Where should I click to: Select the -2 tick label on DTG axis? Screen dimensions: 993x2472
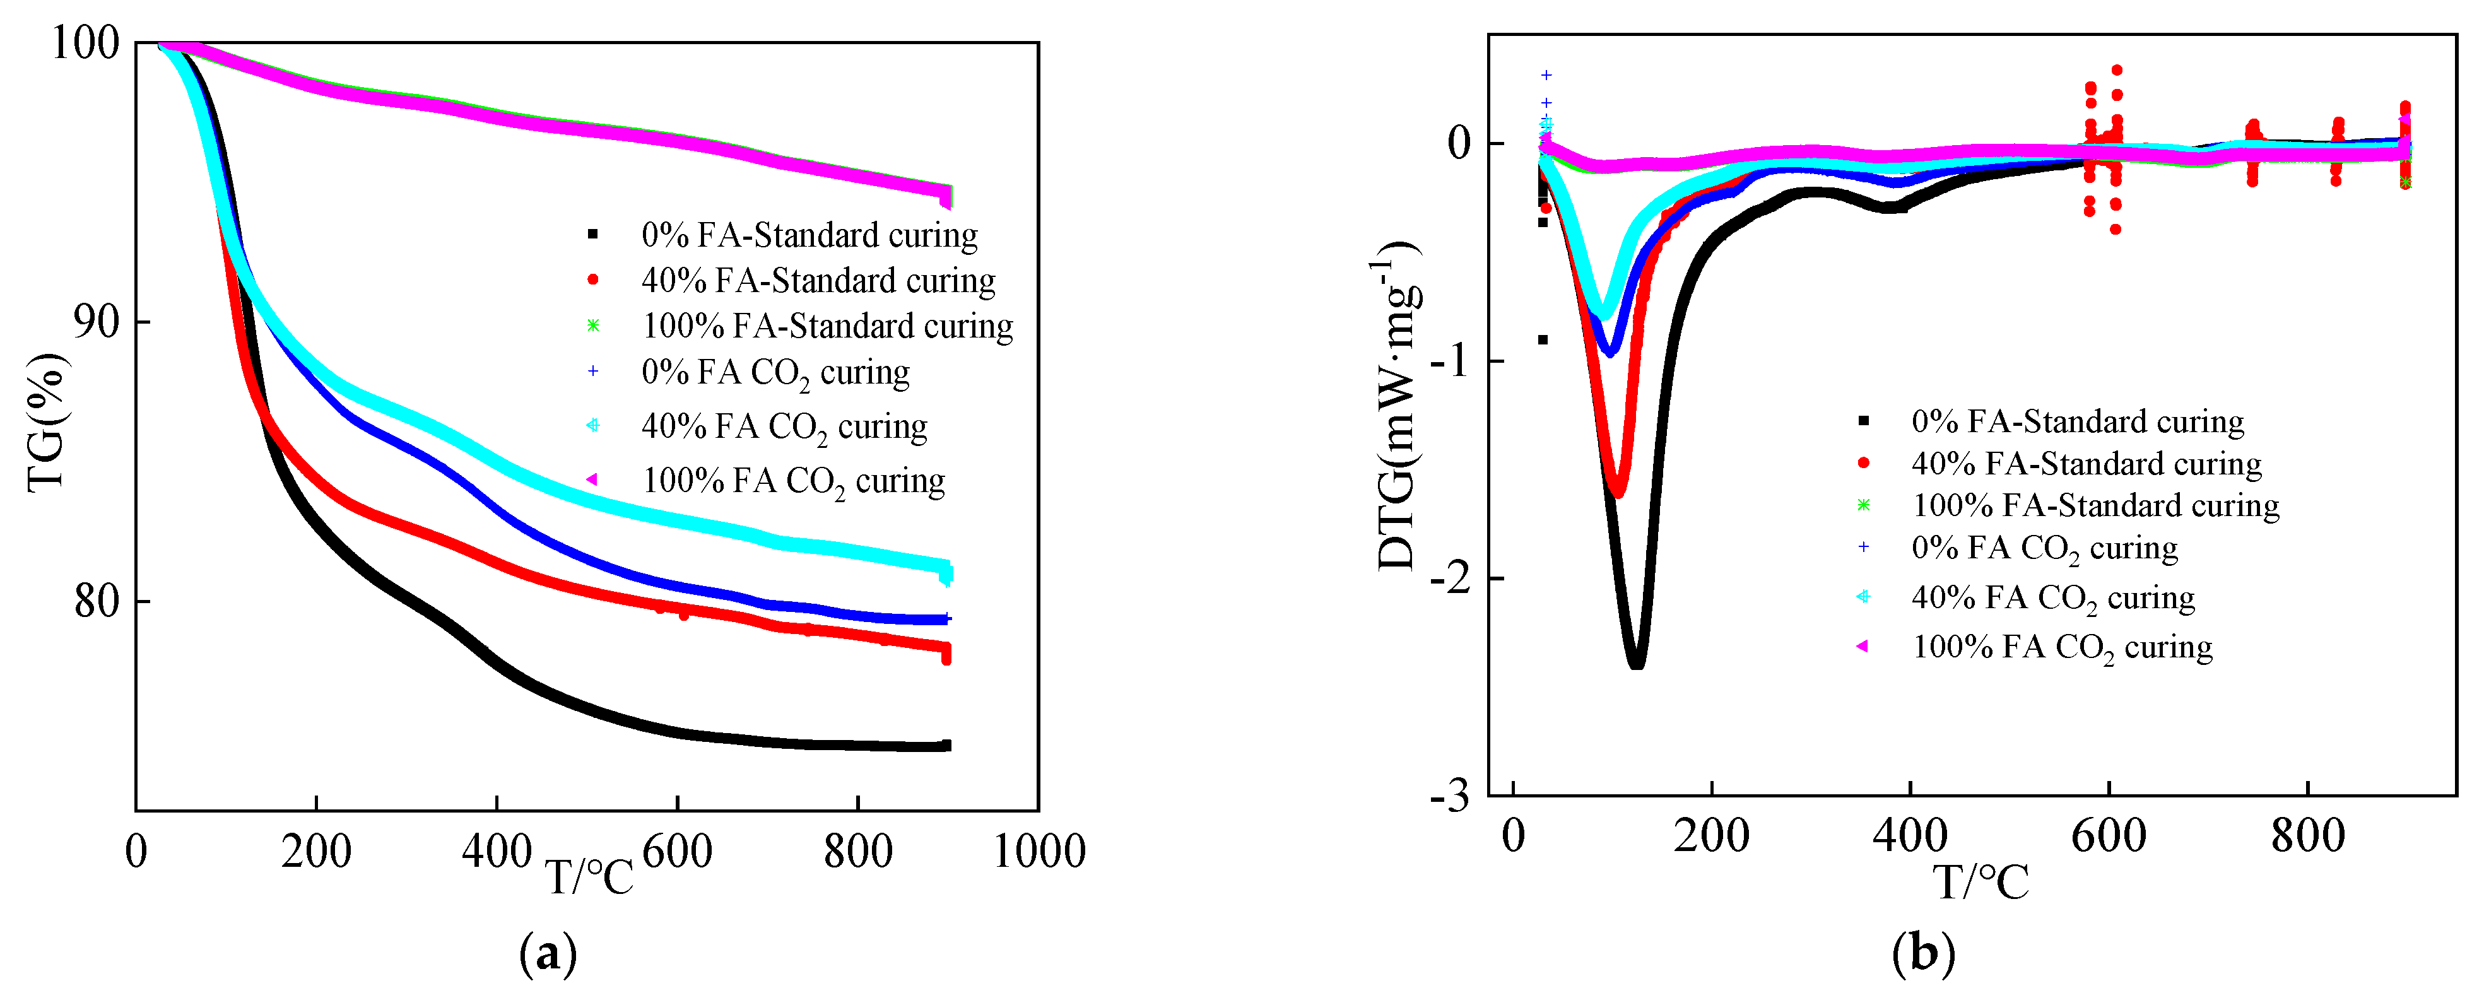click(1449, 579)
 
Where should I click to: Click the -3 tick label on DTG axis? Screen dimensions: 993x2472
click(1449, 796)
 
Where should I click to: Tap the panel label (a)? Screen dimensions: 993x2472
click(548, 954)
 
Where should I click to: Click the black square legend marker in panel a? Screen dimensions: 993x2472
click(593, 234)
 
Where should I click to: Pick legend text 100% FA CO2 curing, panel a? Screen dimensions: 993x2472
click(792, 481)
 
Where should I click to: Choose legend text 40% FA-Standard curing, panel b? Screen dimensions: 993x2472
click(2086, 464)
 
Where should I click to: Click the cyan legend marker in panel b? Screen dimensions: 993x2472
click(1864, 597)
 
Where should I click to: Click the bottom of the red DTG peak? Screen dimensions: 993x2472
click(1618, 493)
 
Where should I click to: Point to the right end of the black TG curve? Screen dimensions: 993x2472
click(946, 746)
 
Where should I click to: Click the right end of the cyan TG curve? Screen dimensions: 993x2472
click(946, 572)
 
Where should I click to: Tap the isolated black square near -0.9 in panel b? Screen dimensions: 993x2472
click(1542, 339)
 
